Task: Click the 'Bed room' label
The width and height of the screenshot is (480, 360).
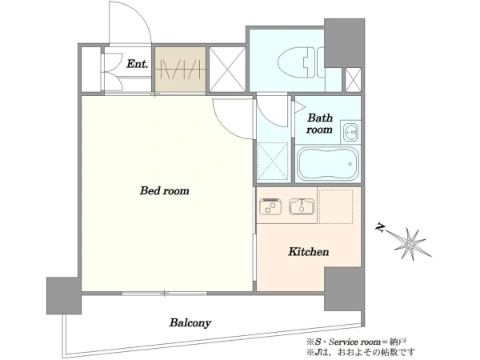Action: pyautogui.click(x=164, y=190)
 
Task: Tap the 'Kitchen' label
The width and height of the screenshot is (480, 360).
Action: pyautogui.click(x=309, y=252)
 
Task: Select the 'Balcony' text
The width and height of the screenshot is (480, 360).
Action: pyautogui.click(x=190, y=322)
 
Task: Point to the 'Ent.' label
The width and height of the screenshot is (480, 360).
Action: pyautogui.click(x=138, y=64)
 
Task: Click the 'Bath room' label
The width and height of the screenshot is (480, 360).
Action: pyautogui.click(x=319, y=123)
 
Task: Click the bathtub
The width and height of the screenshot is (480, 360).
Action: pyautogui.click(x=327, y=164)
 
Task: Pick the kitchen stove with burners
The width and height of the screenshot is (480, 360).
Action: pyautogui.click(x=270, y=206)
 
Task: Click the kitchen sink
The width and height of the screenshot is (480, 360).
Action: pyautogui.click(x=302, y=206)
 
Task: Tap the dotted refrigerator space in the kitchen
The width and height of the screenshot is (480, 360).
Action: pyautogui.click(x=336, y=206)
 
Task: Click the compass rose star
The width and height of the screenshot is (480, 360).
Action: pyautogui.click(x=412, y=244)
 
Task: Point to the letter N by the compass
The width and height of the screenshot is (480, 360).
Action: pyautogui.click(x=381, y=228)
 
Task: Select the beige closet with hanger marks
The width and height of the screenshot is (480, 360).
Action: pyautogui.click(x=180, y=69)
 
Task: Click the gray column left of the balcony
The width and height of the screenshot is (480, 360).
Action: pyautogui.click(x=64, y=295)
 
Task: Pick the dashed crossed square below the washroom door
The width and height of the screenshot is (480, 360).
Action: pyautogui.click(x=273, y=161)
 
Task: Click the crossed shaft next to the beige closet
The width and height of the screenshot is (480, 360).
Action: pyautogui.click(x=227, y=69)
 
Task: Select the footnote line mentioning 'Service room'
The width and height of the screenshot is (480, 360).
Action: pyautogui.click(x=357, y=342)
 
